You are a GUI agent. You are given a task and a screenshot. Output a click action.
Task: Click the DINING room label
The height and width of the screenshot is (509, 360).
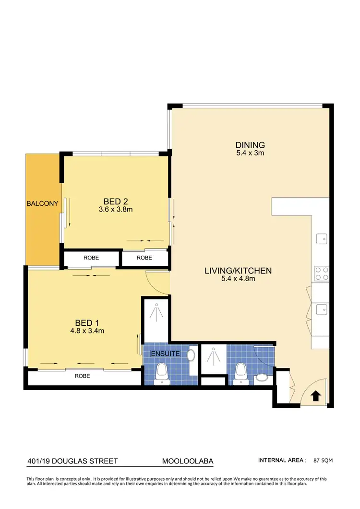tap(250, 145)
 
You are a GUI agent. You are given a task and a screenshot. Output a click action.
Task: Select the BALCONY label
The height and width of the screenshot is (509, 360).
tap(42, 203)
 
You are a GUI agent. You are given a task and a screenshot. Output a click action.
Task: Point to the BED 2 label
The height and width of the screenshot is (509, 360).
tap(115, 201)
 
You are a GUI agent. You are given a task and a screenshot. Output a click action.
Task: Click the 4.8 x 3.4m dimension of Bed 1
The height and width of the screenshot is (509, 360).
tap(87, 331)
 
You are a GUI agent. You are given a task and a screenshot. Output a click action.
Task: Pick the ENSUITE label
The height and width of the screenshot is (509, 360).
tap(165, 354)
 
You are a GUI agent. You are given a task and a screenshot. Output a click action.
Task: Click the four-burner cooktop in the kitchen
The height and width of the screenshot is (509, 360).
tap(321, 273)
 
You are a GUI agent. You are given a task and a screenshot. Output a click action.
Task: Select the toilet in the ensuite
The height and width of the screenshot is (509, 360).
tap(162, 373)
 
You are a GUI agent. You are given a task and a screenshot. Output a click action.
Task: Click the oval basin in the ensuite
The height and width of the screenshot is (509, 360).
tap(191, 356)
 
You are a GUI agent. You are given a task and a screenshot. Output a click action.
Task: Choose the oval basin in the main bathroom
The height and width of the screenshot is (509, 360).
tap(262, 378)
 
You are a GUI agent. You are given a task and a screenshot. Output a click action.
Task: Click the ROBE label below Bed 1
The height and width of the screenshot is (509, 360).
tap(82, 376)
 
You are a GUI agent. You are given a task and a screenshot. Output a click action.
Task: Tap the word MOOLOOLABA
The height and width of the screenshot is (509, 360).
tap(188, 461)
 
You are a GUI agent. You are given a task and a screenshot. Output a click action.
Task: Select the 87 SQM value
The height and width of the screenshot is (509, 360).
tap(323, 461)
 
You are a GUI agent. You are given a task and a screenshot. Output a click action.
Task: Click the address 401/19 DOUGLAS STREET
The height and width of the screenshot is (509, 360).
tap(72, 461)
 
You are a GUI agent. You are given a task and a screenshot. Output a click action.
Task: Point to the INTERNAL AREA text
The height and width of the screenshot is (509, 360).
tap(282, 461)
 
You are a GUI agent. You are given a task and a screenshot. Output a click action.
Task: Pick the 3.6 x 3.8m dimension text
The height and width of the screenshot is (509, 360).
tap(115, 209)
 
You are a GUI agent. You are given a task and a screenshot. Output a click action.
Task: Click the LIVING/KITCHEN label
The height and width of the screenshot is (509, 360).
tap(244, 271)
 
